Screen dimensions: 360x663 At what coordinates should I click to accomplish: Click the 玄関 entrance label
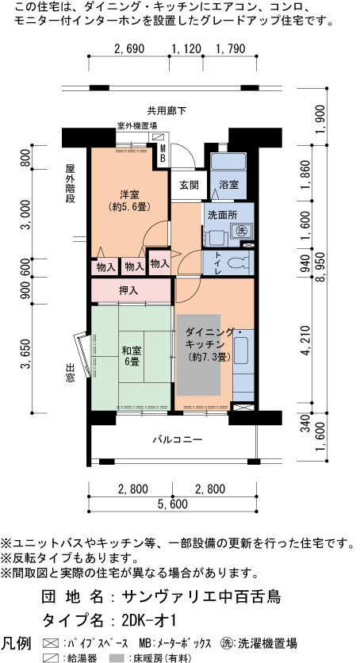(x=188, y=186)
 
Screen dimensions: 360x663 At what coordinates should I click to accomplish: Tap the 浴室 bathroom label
(x=228, y=185)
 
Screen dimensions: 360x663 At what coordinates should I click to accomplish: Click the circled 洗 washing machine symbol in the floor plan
(x=241, y=231)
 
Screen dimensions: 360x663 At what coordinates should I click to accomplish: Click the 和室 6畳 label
(x=132, y=356)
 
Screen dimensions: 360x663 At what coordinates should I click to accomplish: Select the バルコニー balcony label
(x=177, y=439)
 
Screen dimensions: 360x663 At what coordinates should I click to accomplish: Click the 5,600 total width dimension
(x=171, y=504)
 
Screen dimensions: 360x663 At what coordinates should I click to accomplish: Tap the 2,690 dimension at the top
(x=129, y=49)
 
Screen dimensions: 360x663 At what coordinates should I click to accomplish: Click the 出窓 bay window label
(x=70, y=372)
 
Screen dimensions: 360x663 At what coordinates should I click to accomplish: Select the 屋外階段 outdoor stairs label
(x=70, y=184)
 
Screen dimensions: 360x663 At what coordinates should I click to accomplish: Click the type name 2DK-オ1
(x=148, y=620)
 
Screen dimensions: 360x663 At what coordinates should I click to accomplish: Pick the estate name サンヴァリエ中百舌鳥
(x=201, y=596)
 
